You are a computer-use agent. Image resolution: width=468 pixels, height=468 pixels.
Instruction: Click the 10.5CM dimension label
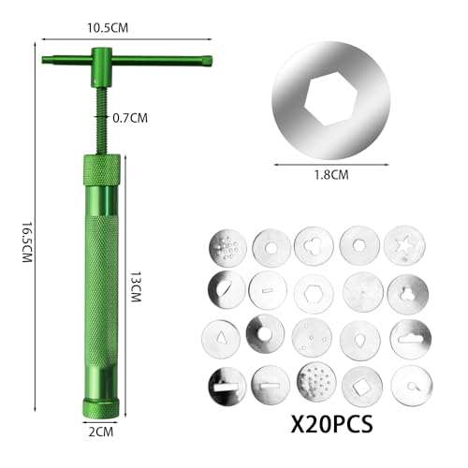tap(108, 28)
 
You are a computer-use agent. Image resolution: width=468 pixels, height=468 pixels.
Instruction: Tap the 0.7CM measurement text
tap(130, 118)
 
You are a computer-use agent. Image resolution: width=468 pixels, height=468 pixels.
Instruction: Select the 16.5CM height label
tap(27, 242)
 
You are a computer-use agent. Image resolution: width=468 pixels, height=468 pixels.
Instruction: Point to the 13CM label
tap(136, 286)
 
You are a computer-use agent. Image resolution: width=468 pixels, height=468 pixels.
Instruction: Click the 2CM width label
tap(101, 431)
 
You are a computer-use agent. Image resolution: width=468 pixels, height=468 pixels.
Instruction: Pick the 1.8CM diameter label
tap(331, 175)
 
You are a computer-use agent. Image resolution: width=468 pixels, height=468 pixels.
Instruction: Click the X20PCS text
tap(331, 424)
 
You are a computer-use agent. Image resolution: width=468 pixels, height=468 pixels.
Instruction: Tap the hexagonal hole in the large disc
tap(330, 100)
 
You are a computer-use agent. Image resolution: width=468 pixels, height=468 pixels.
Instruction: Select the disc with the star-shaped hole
tap(404, 245)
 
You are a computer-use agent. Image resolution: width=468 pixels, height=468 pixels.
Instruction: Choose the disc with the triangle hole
tap(221, 339)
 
